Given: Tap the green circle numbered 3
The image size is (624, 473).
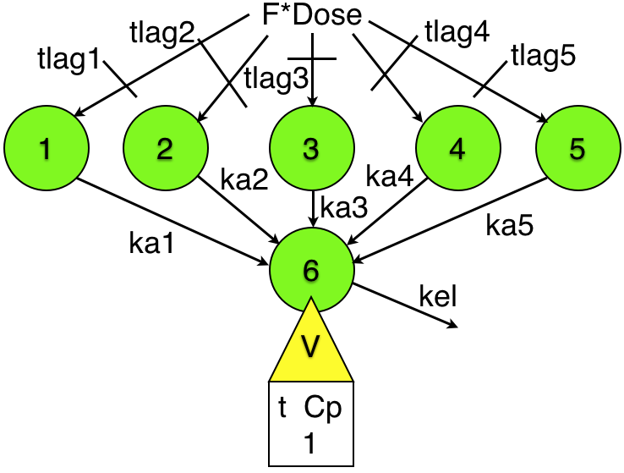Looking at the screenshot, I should (311, 149).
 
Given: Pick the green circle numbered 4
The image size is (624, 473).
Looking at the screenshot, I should (457, 149).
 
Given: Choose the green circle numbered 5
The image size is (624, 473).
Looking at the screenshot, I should (577, 149).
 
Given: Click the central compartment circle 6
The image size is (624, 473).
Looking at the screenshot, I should (311, 269).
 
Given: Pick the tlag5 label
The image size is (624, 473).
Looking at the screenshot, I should (544, 58).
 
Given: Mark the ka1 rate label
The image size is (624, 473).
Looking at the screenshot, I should (153, 243).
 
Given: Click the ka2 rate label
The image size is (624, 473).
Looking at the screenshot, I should (244, 179).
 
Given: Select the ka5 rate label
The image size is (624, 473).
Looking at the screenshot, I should (511, 223).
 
